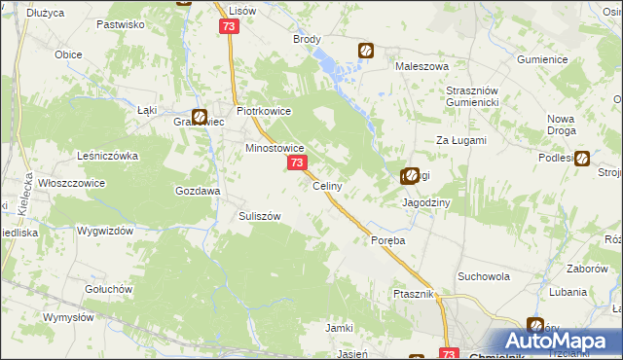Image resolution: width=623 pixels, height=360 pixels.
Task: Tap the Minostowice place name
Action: tap(275, 149)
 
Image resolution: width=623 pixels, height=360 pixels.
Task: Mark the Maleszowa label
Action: tap(421, 66)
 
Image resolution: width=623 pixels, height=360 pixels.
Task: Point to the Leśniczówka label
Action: tap(108, 156)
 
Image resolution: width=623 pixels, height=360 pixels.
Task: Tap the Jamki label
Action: tap(339, 328)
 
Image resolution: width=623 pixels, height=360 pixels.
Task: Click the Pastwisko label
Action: tap(121, 22)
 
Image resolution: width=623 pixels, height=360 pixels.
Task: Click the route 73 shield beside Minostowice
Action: tap(297, 164)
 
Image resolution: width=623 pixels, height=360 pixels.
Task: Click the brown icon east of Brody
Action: tap(367, 51)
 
